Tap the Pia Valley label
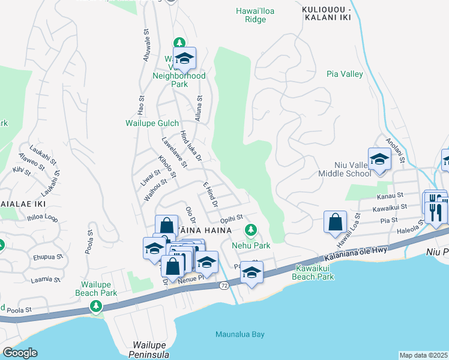click(345, 74)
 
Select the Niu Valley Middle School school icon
click(379, 160)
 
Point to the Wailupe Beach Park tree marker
click(95, 307)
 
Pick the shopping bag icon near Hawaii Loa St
click(335, 221)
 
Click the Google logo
click(20, 352)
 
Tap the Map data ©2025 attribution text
click(423, 355)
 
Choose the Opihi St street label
click(231, 218)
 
